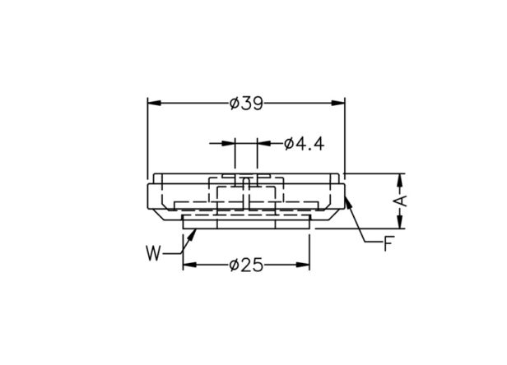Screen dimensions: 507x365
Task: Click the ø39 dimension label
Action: pyautogui.click(x=246, y=104)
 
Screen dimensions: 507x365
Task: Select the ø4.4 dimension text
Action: pyautogui.click(x=304, y=144)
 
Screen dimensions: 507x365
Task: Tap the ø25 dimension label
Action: pyautogui.click(x=246, y=266)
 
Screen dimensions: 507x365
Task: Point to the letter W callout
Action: pyautogui.click(x=153, y=253)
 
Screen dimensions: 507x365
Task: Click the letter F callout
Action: pyautogui.click(x=388, y=243)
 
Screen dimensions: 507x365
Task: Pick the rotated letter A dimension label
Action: pyautogui.click(x=401, y=201)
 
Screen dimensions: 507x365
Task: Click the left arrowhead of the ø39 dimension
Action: pyautogui.click(x=154, y=103)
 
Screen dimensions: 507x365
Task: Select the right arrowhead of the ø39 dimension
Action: pyautogui.click(x=338, y=103)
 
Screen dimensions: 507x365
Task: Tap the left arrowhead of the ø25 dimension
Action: pyautogui.click(x=190, y=266)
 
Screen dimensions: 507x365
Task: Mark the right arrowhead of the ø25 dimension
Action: pyautogui.click(x=303, y=266)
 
